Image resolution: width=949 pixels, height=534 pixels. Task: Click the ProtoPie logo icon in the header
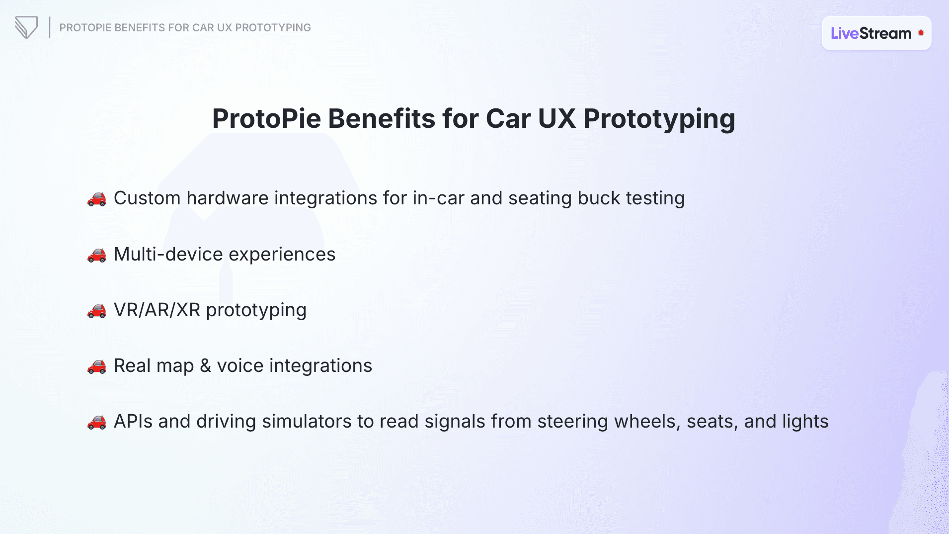pyautogui.click(x=26, y=27)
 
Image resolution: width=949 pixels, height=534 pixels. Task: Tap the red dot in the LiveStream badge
pyautogui.click(x=921, y=33)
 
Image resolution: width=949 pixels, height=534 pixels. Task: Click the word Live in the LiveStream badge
pyautogui.click(x=844, y=33)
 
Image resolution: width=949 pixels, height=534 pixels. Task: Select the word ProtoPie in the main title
pyautogui.click(x=266, y=119)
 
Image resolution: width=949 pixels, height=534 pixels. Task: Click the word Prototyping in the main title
pyautogui.click(x=659, y=119)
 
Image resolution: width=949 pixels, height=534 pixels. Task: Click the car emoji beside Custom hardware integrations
pyautogui.click(x=97, y=199)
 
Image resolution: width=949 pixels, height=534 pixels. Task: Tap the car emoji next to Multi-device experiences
pyautogui.click(x=97, y=255)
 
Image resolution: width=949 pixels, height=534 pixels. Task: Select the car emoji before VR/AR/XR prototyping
pyautogui.click(x=97, y=311)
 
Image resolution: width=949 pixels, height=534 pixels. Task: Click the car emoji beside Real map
pyautogui.click(x=97, y=366)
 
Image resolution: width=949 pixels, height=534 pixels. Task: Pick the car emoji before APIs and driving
pyautogui.click(x=97, y=422)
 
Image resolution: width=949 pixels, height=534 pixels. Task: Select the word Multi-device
pyautogui.click(x=168, y=254)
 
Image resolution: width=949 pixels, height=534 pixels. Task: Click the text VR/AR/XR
pyautogui.click(x=157, y=310)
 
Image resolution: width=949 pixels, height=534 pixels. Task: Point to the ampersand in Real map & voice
pyautogui.click(x=205, y=365)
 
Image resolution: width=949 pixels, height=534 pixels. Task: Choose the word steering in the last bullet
pyautogui.click(x=572, y=421)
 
